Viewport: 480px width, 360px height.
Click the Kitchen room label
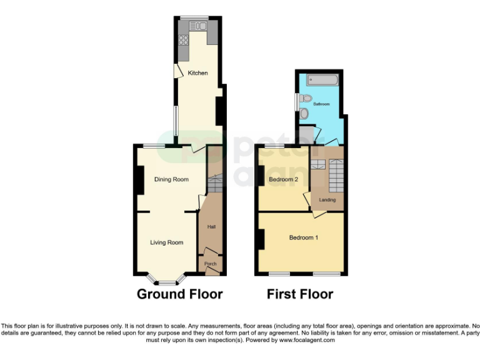point(198,73)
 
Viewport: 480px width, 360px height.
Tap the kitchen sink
point(198,26)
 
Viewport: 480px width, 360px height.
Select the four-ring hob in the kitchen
point(184,40)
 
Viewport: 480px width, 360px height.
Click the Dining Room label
point(171,180)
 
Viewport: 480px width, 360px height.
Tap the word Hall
point(211,227)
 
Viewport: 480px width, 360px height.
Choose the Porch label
point(210,265)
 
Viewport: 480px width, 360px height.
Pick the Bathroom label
point(321,104)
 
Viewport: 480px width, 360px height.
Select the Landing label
point(327,200)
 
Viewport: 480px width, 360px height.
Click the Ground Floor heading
point(179,294)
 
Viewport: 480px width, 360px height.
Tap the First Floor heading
point(300,294)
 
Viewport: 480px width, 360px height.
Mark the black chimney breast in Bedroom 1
point(260,240)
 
